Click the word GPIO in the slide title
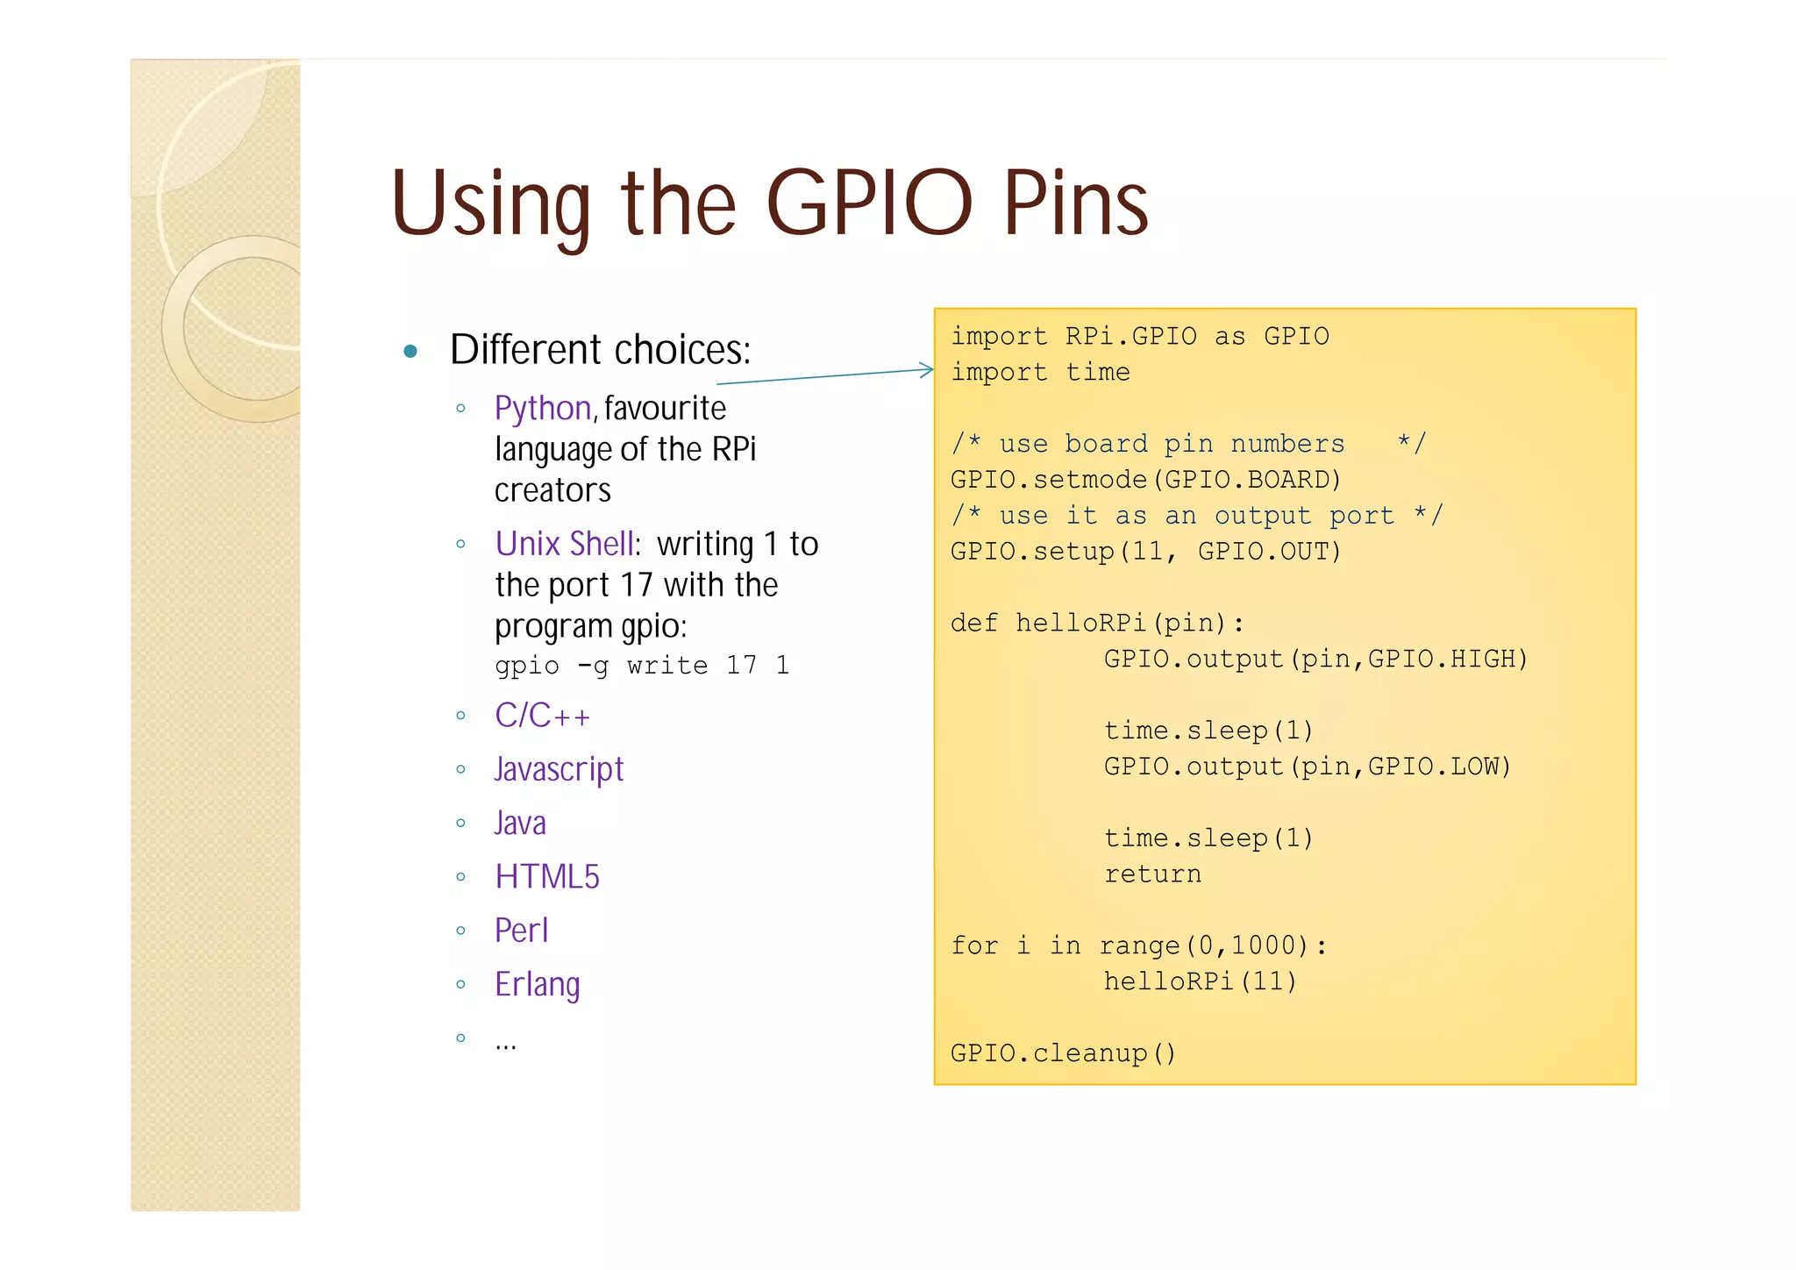(x=869, y=203)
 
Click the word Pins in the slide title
(x=1076, y=203)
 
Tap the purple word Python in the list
(x=543, y=409)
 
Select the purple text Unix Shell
(x=565, y=544)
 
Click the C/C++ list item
(x=542, y=716)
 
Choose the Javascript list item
(x=559, y=769)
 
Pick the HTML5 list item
(x=547, y=877)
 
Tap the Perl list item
(x=522, y=931)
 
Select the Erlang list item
(x=538, y=984)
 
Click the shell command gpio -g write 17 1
(x=642, y=666)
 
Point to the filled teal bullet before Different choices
(x=410, y=352)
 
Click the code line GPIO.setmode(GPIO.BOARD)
(x=1146, y=480)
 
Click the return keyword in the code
(x=1152, y=874)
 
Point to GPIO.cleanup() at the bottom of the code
(x=1063, y=1052)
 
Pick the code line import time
(x=1041, y=373)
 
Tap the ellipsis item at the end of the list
(x=506, y=1043)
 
